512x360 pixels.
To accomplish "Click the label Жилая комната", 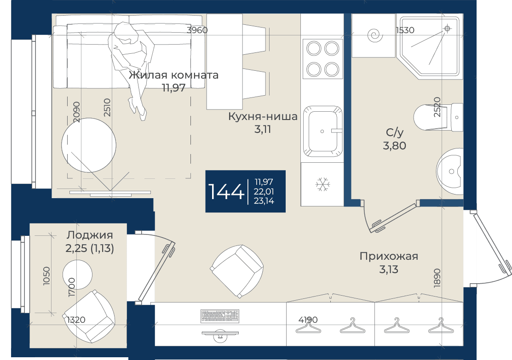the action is pyautogui.click(x=173, y=75).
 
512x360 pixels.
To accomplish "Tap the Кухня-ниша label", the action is pyautogui.click(x=263, y=116).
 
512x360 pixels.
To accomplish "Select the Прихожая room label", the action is pyautogui.click(x=389, y=256).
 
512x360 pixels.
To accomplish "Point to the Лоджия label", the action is pyautogui.click(x=90, y=235).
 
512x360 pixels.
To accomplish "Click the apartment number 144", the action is pyautogui.click(x=226, y=191).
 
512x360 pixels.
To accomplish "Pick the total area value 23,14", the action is pyautogui.click(x=264, y=201).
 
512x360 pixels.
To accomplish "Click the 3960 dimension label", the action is pyautogui.click(x=197, y=30).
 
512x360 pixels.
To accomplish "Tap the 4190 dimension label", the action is pyautogui.click(x=308, y=320).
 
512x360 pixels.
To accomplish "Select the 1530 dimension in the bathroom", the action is pyautogui.click(x=405, y=30).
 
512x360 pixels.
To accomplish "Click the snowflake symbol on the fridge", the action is pyautogui.click(x=322, y=184).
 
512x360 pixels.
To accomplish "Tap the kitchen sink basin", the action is pyautogui.click(x=322, y=131).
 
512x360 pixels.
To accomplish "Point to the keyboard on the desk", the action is pyautogui.click(x=220, y=316).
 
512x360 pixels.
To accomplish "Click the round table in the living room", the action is pyautogui.click(x=89, y=145).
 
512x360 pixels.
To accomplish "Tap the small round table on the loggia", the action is pyautogui.click(x=77, y=274).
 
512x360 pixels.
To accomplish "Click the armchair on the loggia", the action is pyautogui.click(x=89, y=316).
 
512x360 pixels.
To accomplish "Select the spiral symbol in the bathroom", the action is pyautogui.click(x=374, y=35).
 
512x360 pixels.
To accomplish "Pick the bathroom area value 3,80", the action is pyautogui.click(x=394, y=146).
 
